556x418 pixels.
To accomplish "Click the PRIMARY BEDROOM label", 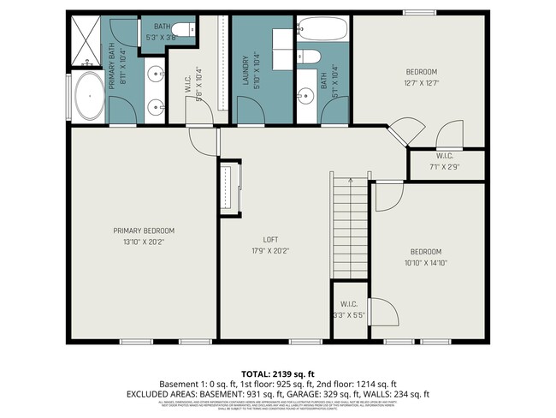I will (144, 230).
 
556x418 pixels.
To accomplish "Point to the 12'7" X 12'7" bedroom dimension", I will (421, 83).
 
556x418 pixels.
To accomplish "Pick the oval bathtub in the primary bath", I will (88, 97).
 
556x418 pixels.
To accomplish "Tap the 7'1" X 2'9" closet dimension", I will (445, 167).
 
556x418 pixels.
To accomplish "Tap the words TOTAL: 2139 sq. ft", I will (278, 373).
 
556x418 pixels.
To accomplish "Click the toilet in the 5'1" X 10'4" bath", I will (312, 57).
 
